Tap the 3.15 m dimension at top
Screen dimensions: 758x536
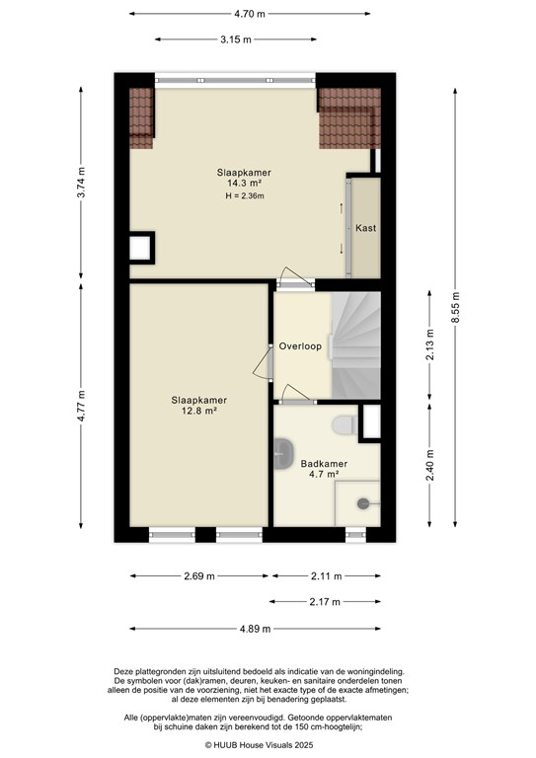tap(235, 39)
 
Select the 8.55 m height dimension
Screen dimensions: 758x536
tap(455, 304)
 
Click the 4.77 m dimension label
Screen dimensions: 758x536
tap(82, 406)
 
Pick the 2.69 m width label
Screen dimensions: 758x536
tap(201, 576)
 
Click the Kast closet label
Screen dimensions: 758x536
tap(365, 228)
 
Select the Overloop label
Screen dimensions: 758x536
tap(300, 346)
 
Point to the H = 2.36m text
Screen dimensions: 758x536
tap(245, 196)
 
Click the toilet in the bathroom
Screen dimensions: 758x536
tap(343, 424)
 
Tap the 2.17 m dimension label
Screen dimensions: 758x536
tap(324, 601)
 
